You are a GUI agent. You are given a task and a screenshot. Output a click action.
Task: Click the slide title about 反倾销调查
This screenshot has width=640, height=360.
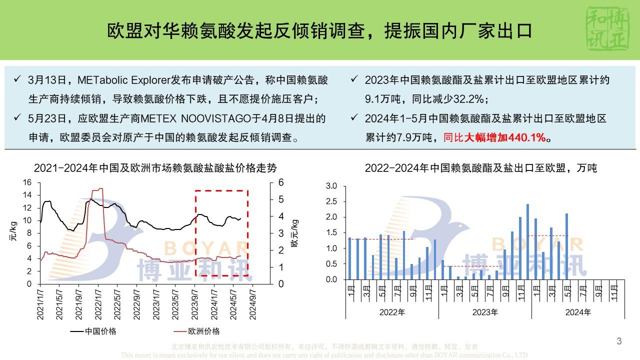click(320, 31)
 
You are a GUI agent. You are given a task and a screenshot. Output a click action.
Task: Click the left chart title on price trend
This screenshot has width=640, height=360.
click(155, 168)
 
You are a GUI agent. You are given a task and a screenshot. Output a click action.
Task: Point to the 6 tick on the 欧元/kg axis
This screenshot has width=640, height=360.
click(280, 182)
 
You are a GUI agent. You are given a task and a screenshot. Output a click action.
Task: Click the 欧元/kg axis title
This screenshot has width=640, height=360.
click(295, 233)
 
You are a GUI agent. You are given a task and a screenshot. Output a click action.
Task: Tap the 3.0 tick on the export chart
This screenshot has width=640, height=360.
click(331, 186)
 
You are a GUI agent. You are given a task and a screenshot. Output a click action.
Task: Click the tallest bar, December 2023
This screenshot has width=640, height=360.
click(527, 241)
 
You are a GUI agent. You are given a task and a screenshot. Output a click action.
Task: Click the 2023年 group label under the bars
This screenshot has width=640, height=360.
click(484, 312)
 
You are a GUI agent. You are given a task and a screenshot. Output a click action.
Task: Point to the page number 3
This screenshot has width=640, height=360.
click(619, 341)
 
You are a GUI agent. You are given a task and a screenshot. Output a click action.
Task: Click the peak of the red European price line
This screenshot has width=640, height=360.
click(100, 189)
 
